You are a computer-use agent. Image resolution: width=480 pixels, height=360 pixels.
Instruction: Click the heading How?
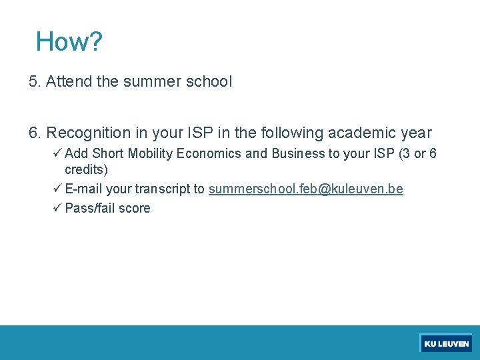pyautogui.click(x=69, y=41)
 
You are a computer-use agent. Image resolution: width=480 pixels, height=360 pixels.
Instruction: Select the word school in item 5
pyautogui.click(x=210, y=82)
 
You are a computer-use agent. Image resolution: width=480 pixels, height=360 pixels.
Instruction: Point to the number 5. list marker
pyautogui.click(x=35, y=82)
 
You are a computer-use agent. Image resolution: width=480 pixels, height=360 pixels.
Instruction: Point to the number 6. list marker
pyautogui.click(x=35, y=133)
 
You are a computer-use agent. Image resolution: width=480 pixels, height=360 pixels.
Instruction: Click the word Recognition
pyautogui.click(x=87, y=133)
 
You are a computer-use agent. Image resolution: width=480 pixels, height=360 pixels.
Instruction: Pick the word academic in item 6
pyautogui.click(x=361, y=133)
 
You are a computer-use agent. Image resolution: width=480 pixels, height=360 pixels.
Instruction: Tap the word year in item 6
pyautogui.click(x=415, y=133)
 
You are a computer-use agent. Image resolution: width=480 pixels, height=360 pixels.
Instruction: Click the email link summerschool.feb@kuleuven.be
pyautogui.click(x=305, y=189)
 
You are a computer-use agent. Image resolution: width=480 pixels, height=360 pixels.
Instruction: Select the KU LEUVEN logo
pyautogui.click(x=446, y=343)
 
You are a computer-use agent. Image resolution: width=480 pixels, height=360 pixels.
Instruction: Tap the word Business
pyautogui.click(x=297, y=154)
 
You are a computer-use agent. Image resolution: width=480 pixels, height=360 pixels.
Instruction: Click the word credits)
pyautogui.click(x=86, y=170)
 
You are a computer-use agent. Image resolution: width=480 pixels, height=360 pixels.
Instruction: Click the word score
pyautogui.click(x=135, y=208)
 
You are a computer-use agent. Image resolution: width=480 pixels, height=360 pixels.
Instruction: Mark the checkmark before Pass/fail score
pyautogui.click(x=57, y=207)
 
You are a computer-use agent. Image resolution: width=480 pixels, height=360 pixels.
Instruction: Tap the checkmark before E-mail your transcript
pyautogui.click(x=57, y=189)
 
